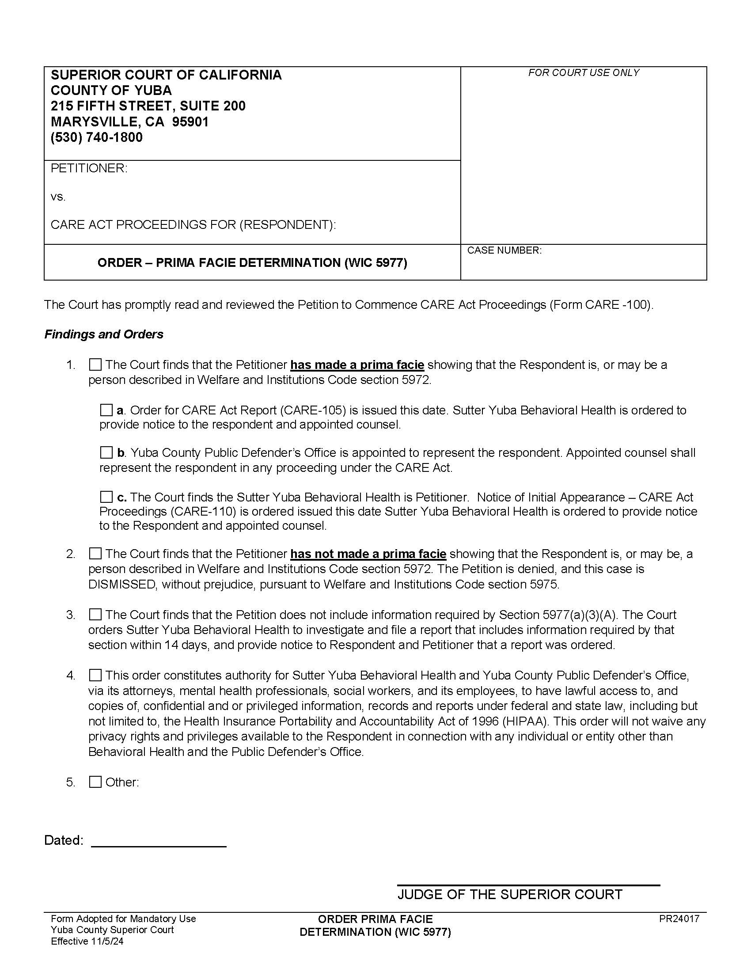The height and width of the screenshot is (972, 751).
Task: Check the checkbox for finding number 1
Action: click(x=95, y=365)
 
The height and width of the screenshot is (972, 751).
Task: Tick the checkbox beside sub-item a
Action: click(x=106, y=410)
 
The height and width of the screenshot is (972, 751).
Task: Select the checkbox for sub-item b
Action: click(x=106, y=452)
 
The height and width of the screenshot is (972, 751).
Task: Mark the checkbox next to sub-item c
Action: click(x=106, y=497)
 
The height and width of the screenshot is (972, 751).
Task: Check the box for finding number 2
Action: click(x=95, y=554)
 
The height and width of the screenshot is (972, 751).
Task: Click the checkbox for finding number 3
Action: click(x=95, y=615)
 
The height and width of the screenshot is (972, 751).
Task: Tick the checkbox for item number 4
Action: click(x=95, y=675)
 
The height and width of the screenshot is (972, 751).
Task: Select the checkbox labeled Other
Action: click(x=95, y=782)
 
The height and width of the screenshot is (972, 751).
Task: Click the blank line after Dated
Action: click(x=159, y=841)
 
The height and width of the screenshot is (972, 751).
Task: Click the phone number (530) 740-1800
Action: click(x=97, y=137)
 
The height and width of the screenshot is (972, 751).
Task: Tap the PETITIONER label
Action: click(x=89, y=168)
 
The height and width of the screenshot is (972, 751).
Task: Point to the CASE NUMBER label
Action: click(x=504, y=251)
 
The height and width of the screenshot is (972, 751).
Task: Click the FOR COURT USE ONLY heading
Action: click(x=583, y=73)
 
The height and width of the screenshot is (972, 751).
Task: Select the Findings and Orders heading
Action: click(x=104, y=334)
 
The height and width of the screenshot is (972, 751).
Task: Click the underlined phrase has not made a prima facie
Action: click(x=368, y=554)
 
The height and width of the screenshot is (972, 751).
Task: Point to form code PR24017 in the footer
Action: click(x=679, y=919)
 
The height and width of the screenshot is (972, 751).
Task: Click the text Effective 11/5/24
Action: click(x=87, y=941)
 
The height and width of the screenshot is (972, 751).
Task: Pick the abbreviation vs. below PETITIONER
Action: click(x=58, y=197)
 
